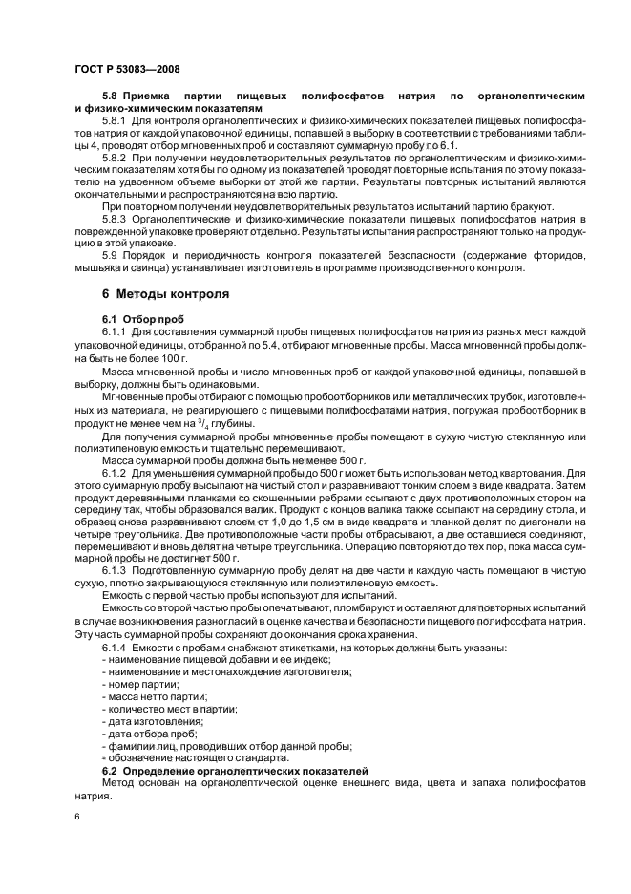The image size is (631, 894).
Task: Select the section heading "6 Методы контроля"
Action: [165, 293]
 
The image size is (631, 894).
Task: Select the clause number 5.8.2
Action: [115, 157]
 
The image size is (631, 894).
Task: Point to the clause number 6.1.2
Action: [115, 472]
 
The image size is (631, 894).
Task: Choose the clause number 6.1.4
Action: [115, 648]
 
